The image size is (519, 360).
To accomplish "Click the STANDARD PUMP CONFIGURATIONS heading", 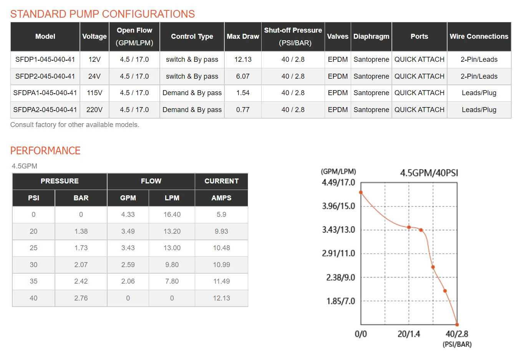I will coord(103,14).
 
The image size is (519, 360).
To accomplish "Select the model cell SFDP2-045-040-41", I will coord(45,76).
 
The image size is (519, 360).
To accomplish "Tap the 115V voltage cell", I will coord(95,93).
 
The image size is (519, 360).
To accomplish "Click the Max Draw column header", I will coord(243,36).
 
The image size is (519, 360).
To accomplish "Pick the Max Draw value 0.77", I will coord(243,110).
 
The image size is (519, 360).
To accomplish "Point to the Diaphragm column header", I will coord(371,36).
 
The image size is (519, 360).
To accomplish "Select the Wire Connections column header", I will coord(479,36).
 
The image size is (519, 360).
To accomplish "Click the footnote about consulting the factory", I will coord(75,125).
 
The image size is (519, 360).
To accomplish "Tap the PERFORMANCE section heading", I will coord(45,151).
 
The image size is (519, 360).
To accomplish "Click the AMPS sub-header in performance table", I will coord(221,198).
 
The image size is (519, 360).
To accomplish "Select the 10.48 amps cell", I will coord(221,248).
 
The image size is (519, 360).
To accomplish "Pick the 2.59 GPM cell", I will coord(128,265).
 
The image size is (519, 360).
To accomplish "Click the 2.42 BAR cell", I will coord(81,281).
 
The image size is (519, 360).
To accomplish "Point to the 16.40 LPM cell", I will coord(172,215).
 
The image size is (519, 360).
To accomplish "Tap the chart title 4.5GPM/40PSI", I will coord(429,173).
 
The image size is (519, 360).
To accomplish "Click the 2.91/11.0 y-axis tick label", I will coord(338,253).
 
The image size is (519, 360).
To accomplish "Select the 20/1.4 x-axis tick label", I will coord(409,334).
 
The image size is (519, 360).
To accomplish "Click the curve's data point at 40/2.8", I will coord(457,325).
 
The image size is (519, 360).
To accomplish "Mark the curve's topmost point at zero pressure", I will coord(361,192).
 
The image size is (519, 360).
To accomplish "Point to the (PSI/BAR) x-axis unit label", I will coord(457,344).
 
